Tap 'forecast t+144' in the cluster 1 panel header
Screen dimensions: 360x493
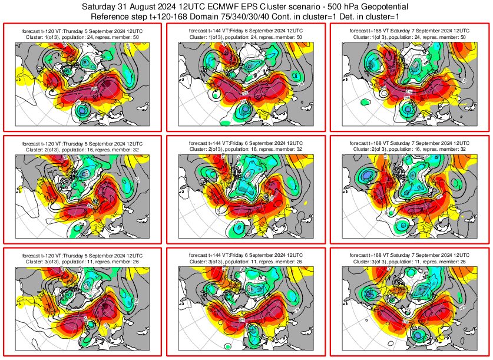coord(206,29)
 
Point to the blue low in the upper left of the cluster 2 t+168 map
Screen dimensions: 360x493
coord(368,175)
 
